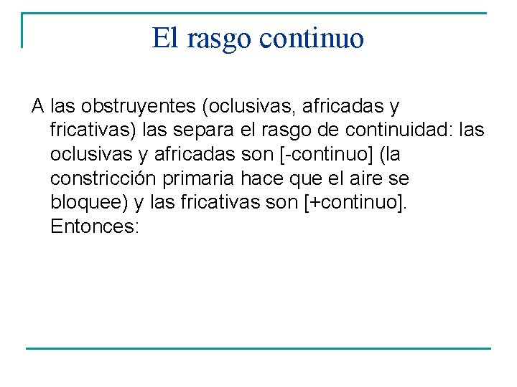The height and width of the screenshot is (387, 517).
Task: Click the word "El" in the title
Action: (x=164, y=38)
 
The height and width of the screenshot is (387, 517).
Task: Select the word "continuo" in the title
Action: (x=312, y=39)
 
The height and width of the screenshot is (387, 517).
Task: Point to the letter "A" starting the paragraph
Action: (x=38, y=107)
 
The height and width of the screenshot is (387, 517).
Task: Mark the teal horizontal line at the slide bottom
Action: (x=258, y=348)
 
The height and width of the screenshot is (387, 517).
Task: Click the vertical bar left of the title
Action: (x=22, y=30)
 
